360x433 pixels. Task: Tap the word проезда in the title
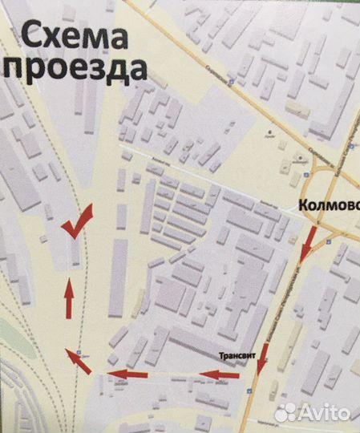point(77,70)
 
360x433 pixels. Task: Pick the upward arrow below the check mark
point(69,298)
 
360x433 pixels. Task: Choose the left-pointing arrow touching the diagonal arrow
point(128,374)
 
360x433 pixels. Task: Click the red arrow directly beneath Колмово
point(307,245)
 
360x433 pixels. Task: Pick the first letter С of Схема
point(30,37)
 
